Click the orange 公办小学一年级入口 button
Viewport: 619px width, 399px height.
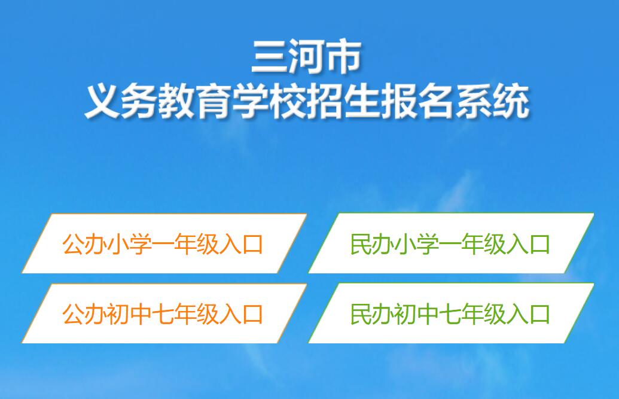click(x=164, y=243)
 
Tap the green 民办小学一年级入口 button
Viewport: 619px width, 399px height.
click(x=451, y=243)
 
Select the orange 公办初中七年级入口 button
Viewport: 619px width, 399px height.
click(x=164, y=313)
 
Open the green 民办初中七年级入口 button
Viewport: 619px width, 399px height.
click(x=451, y=313)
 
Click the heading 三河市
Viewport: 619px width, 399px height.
click(x=306, y=56)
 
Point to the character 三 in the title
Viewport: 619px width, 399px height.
click(x=270, y=56)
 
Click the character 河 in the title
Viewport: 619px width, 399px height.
click(x=306, y=56)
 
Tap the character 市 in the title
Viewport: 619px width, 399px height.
click(x=343, y=56)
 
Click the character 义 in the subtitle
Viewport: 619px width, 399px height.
click(x=103, y=100)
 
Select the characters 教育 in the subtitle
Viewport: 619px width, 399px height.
click(x=195, y=100)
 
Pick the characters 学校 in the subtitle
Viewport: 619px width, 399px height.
click(x=269, y=100)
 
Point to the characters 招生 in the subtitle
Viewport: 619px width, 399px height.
click(x=343, y=100)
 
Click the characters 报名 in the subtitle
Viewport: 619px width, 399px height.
click(x=417, y=100)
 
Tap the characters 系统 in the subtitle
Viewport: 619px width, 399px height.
click(x=492, y=100)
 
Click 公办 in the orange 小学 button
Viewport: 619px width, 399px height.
click(x=84, y=243)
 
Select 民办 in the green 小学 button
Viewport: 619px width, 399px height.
click(x=371, y=243)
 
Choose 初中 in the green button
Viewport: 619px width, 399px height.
click(x=416, y=313)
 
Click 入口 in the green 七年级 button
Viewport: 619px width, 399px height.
click(x=528, y=313)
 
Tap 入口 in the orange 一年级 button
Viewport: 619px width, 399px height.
click(x=241, y=243)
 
